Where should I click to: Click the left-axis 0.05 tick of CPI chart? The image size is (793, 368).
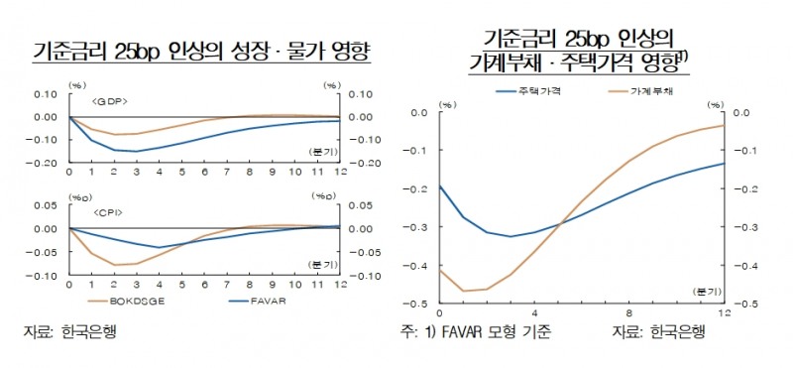tap(46, 205)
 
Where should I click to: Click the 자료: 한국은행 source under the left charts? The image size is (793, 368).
tap(69, 330)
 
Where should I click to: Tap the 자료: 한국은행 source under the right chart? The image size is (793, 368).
tap(658, 330)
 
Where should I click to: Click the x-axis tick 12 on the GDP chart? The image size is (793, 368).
tap(336, 172)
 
